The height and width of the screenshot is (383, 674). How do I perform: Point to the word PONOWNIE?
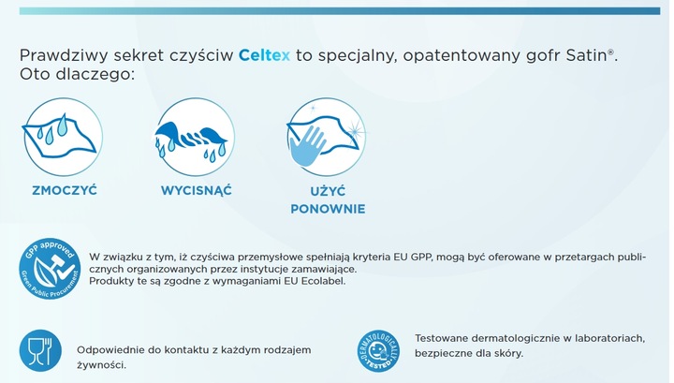327,209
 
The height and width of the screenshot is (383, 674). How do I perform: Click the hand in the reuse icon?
319,146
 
